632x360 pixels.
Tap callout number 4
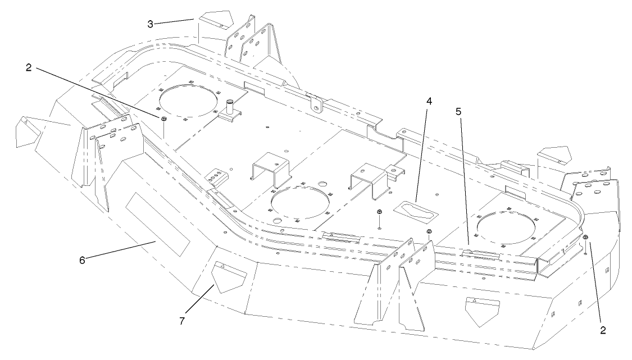pyautogui.click(x=429, y=102)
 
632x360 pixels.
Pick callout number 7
pyautogui.click(x=181, y=321)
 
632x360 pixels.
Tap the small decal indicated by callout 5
pyautogui.click(x=480, y=254)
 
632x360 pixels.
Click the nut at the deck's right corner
pyautogui.click(x=585, y=239)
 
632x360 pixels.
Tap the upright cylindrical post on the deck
pyautogui.click(x=230, y=106)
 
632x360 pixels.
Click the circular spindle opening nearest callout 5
pyautogui.click(x=506, y=227)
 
